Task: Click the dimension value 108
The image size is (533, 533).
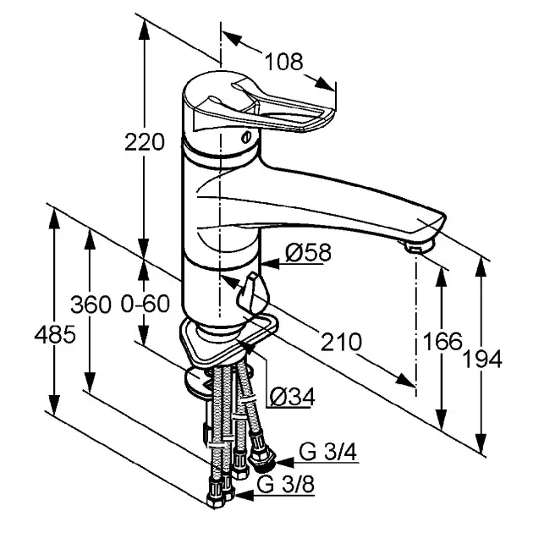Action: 283,62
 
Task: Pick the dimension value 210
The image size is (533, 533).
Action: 342,342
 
